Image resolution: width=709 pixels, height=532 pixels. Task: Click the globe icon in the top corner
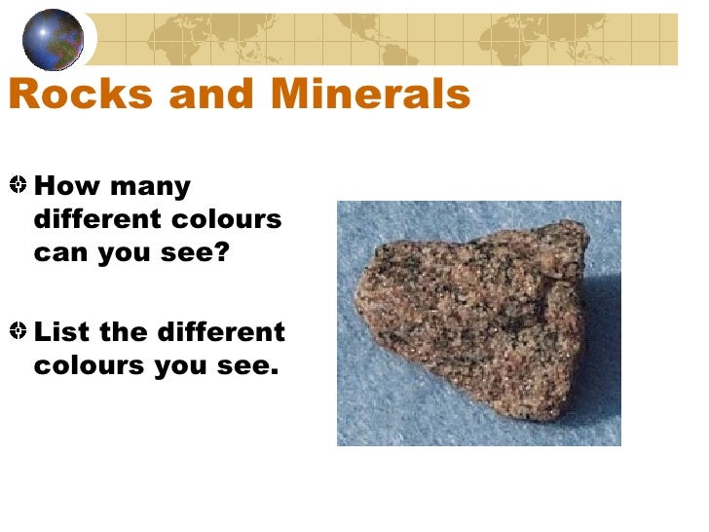pos(53,40)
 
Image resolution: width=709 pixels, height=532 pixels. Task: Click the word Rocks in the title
pos(71,95)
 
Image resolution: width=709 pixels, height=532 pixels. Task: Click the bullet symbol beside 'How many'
pos(19,185)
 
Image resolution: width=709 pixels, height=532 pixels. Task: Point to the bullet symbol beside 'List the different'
pos(19,332)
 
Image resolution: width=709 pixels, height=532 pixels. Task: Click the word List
pos(62,332)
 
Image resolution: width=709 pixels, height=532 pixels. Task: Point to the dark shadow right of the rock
pos(602,331)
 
